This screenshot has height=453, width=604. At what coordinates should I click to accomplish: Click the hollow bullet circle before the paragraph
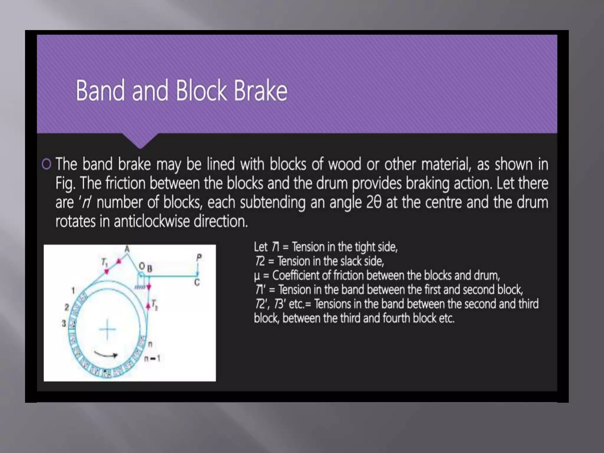tap(47, 164)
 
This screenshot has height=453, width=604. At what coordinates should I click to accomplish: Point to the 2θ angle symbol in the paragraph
tap(374, 202)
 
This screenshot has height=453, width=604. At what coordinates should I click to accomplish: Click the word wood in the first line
tap(344, 164)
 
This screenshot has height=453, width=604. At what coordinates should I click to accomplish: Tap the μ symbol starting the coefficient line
tap(257, 276)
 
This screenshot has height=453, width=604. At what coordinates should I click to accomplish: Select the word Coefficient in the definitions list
tap(296, 275)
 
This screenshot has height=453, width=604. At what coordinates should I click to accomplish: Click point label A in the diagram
tap(127, 249)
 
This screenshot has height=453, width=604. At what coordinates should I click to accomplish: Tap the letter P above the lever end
tap(199, 257)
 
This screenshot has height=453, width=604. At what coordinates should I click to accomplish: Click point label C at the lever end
tap(197, 283)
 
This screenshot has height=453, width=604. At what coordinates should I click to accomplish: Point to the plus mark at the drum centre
tap(107, 329)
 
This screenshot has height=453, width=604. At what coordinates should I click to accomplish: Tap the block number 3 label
tap(64, 324)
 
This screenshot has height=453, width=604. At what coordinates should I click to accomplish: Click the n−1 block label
tap(152, 359)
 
